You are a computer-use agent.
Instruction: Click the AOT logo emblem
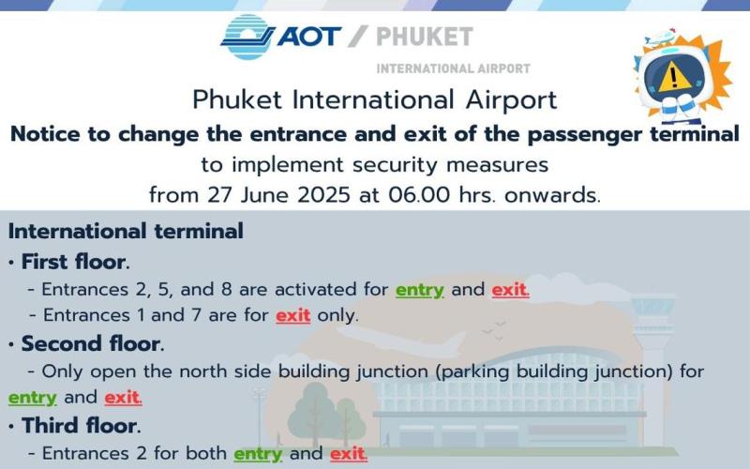pos(247,37)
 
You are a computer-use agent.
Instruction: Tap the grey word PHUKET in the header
pos(425,37)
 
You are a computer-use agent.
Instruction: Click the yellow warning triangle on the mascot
pos(673,77)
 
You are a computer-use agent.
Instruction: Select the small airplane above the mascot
pos(660,38)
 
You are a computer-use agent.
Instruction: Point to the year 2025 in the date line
pos(323,195)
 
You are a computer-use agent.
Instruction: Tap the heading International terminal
pos(126,231)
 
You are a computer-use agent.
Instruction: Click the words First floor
pos(75,263)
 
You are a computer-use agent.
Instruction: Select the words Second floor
pos(92,344)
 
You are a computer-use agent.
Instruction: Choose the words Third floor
pos(81,426)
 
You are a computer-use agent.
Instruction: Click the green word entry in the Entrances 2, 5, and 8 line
pos(419,290)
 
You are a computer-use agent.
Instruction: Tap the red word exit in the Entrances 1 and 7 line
pos(293,315)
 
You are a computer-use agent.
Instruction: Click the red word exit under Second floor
pos(123,397)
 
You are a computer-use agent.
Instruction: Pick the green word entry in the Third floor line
pos(258,454)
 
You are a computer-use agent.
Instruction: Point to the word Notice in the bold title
pos(45,134)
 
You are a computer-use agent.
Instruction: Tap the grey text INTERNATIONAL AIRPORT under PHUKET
pos(454,68)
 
